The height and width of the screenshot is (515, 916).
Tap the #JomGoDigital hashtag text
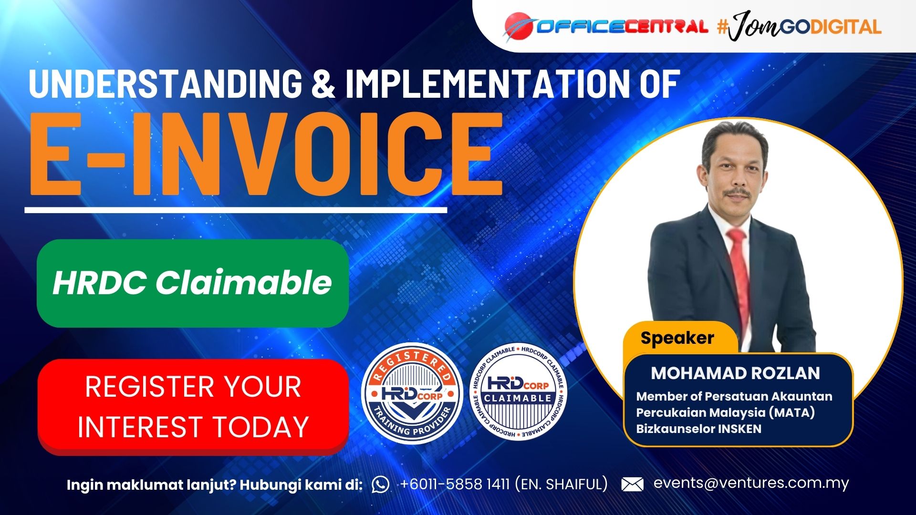(799, 26)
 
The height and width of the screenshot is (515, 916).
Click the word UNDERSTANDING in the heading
(166, 84)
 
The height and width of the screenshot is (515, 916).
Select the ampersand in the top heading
(323, 84)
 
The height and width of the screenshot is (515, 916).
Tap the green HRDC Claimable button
(193, 283)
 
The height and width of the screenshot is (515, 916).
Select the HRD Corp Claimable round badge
(518, 392)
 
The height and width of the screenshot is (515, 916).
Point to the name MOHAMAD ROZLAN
(736, 373)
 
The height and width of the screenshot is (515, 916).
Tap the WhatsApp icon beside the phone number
(380, 484)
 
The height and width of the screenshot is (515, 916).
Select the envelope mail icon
(632, 484)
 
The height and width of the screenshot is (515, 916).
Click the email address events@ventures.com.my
(751, 484)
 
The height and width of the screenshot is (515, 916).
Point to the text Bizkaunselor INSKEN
(698, 429)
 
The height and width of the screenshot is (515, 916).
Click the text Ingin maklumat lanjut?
(151, 485)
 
